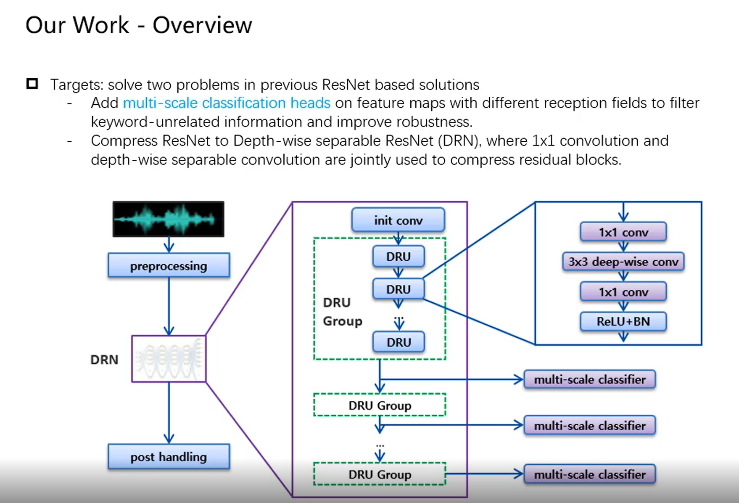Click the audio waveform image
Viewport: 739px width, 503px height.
click(x=168, y=219)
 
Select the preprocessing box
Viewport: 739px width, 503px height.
click(x=169, y=265)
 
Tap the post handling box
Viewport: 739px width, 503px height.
click(x=169, y=457)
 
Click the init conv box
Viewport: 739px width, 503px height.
click(x=398, y=220)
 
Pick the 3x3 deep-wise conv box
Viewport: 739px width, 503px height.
click(x=623, y=262)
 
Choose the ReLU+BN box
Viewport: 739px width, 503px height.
click(x=623, y=322)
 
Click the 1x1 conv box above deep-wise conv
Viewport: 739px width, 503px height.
click(x=623, y=232)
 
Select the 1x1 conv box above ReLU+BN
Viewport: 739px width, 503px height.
click(x=623, y=291)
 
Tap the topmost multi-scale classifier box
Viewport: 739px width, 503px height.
click(x=590, y=379)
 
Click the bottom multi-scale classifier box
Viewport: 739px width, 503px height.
click(x=590, y=474)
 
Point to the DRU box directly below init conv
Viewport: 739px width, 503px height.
click(x=399, y=257)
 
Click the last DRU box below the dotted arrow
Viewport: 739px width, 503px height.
click(x=399, y=342)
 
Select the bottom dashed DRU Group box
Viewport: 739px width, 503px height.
click(x=380, y=474)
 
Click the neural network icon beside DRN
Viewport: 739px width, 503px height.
click(x=169, y=359)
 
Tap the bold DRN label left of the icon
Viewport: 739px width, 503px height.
click(x=104, y=360)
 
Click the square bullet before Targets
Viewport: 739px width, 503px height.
click(x=32, y=84)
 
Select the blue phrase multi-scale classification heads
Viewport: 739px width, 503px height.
click(x=227, y=103)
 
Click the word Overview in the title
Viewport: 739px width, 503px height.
click(x=202, y=25)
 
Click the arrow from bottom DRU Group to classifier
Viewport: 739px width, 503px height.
click(x=485, y=474)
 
